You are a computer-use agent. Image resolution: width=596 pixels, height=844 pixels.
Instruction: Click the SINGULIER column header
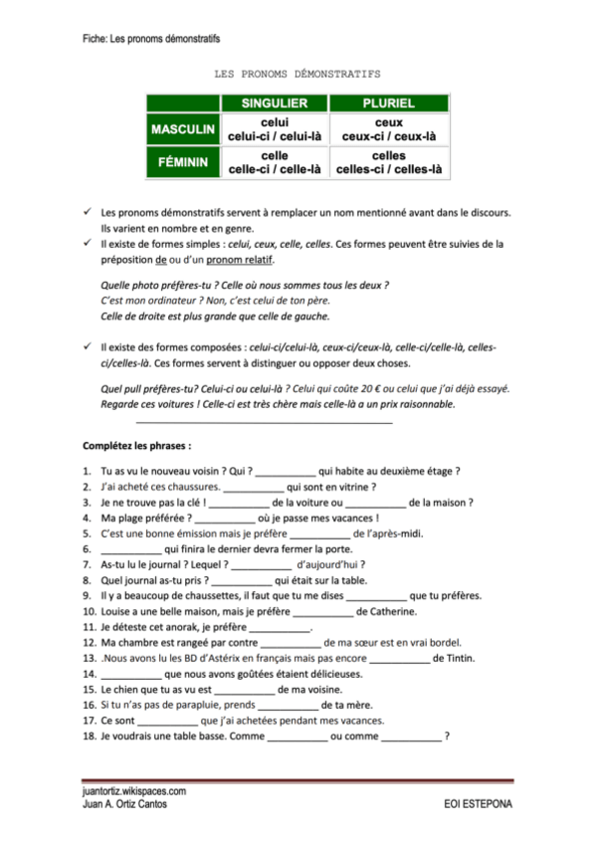click(275, 104)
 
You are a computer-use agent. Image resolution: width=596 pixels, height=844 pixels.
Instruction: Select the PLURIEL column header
click(388, 104)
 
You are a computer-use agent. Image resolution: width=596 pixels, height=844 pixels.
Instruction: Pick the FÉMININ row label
click(186, 163)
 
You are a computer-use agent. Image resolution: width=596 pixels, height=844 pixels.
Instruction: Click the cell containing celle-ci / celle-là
click(275, 163)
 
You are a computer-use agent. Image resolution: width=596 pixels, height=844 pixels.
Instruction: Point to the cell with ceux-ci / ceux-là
click(388, 129)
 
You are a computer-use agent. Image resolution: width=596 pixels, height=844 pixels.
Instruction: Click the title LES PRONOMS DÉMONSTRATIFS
click(297, 74)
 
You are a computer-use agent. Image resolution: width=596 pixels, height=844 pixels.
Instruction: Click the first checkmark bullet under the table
click(88, 211)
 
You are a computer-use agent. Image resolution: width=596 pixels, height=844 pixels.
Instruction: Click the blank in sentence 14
click(131, 674)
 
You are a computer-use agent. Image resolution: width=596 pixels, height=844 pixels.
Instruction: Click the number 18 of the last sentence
click(89, 737)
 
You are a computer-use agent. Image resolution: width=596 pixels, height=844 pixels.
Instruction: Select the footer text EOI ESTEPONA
click(479, 802)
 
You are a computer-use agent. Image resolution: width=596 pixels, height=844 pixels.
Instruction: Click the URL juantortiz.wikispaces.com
click(135, 790)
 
